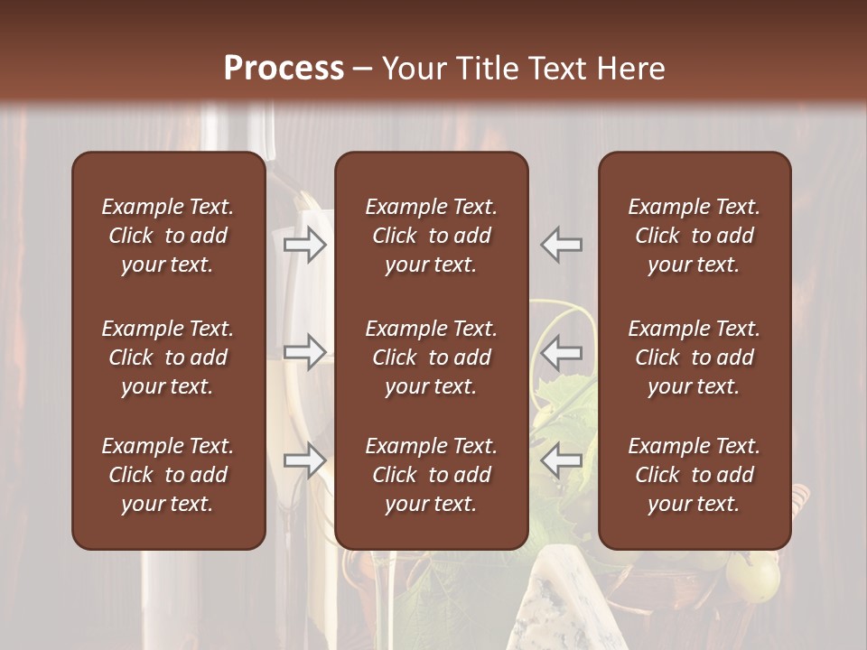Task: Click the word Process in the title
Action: (284, 69)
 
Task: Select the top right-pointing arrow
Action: (305, 245)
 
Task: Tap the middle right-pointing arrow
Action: (305, 352)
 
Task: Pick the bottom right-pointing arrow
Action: (305, 460)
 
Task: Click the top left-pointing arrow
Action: (562, 245)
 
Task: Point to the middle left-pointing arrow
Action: (562, 352)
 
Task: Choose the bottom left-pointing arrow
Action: (562, 460)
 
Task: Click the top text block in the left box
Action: (168, 236)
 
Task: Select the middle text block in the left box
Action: (168, 357)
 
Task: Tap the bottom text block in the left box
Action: (168, 475)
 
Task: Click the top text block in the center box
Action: (432, 236)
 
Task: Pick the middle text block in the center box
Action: (432, 357)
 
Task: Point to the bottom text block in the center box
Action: (432, 475)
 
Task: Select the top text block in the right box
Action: (695, 236)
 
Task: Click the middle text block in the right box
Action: (695, 357)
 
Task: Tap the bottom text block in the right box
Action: (695, 475)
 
